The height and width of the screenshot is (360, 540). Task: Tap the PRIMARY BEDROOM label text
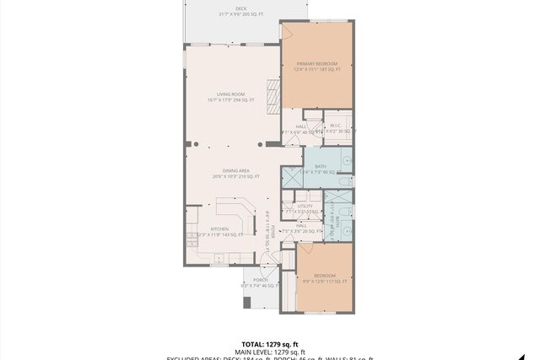[316, 64]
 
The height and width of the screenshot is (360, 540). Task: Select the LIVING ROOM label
[230, 94]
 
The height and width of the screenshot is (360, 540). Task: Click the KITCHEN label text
[219, 228]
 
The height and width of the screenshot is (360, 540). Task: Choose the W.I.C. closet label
[335, 126]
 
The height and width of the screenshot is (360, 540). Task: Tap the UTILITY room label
[305, 206]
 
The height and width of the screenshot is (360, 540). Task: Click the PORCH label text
[260, 280]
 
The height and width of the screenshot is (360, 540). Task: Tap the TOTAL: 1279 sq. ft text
[269, 344]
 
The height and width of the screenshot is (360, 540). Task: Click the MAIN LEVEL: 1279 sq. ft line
[269, 352]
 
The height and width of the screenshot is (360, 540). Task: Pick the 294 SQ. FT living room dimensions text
[230, 100]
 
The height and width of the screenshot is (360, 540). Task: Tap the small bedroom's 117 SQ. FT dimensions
[325, 282]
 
